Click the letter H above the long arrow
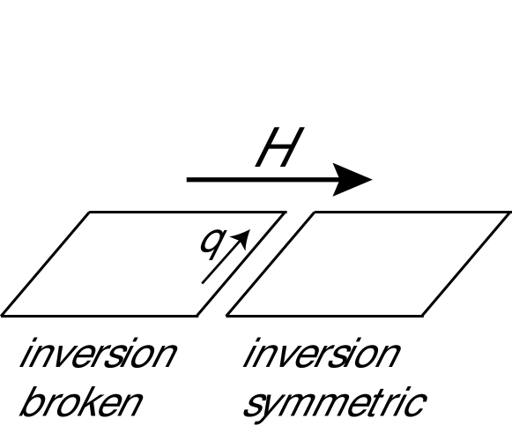pyautogui.click(x=275, y=150)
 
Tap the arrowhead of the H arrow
pyautogui.click(x=361, y=180)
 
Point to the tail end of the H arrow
pyautogui.click(x=188, y=180)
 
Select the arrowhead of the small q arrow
pyautogui.click(x=245, y=235)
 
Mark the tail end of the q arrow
pyautogui.click(x=204, y=283)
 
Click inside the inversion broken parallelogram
pyautogui.click(x=132, y=264)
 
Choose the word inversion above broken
pyautogui.click(x=97, y=355)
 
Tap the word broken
pyautogui.click(x=79, y=403)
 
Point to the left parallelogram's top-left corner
pyautogui.click(x=89, y=213)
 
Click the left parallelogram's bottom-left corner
pyautogui.click(x=3, y=315)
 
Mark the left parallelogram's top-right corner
pyautogui.click(x=285, y=213)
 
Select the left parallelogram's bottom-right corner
pyautogui.click(x=198, y=315)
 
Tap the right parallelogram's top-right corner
pyautogui.click(x=509, y=213)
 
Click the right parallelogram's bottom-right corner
pyautogui.click(x=423, y=315)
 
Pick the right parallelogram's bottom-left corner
pyautogui.click(x=227, y=315)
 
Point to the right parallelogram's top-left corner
pyautogui.click(x=314, y=213)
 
